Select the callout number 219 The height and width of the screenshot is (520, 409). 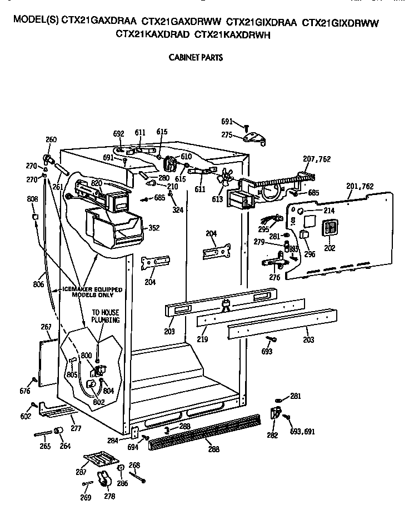pos(202,338)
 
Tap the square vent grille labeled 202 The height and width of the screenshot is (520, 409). pos(330,229)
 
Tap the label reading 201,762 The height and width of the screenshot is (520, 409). pos(359,187)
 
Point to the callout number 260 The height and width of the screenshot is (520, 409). pos(51,140)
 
